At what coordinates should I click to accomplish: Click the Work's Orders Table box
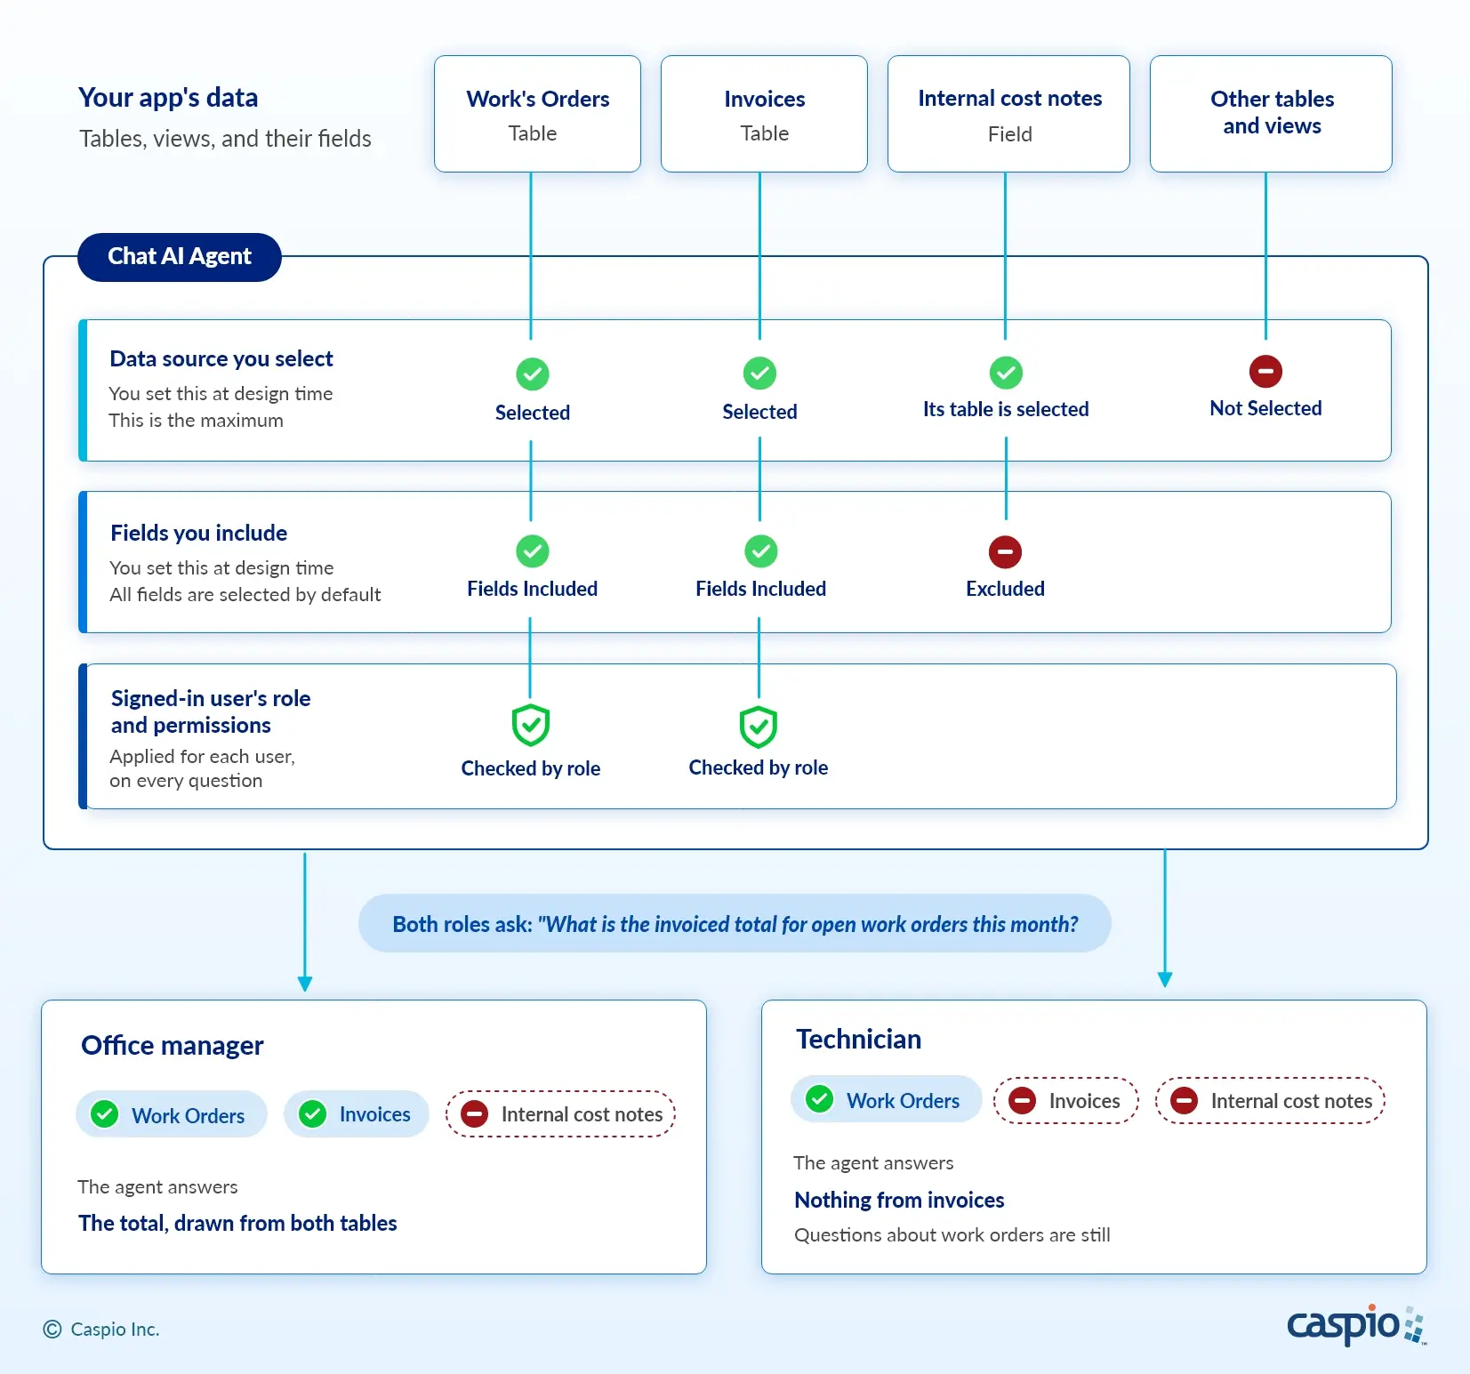(537, 114)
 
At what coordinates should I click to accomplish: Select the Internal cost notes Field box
(1008, 114)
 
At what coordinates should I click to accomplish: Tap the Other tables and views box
(1271, 114)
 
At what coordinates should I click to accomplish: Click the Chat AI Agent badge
(180, 257)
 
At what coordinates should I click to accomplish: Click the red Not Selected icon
(1265, 371)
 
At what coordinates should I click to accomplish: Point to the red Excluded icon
(1005, 551)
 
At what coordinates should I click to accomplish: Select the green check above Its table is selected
(1006, 373)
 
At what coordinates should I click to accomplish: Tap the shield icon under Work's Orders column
(531, 726)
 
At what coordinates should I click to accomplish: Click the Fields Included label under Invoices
(760, 589)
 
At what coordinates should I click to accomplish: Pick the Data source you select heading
(221, 358)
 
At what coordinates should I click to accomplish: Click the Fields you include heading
(199, 533)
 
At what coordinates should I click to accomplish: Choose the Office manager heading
(173, 1045)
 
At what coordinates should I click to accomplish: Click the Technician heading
(858, 1039)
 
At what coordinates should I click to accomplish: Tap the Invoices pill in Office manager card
(357, 1114)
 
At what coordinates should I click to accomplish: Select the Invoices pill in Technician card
(1066, 1101)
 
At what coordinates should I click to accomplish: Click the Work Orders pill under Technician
(886, 1100)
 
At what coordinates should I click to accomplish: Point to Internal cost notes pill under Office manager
(561, 1114)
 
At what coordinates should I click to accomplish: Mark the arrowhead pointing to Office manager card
(305, 984)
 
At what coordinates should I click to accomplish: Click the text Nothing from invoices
(899, 1200)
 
